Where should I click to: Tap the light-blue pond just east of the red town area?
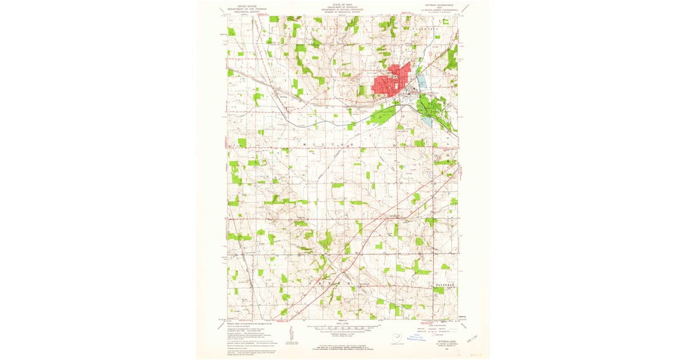tap(422, 81)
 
